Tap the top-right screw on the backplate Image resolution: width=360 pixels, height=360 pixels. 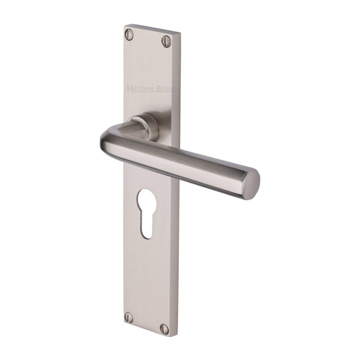coord(166,41)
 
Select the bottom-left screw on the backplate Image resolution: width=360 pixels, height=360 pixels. coord(128,317)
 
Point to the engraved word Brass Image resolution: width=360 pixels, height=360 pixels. coord(164,89)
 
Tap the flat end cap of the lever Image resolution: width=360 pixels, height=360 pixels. coord(251,183)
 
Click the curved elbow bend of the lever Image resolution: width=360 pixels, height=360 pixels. coord(111,141)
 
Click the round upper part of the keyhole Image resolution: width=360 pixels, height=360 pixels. coord(146,201)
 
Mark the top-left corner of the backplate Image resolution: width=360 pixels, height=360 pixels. coord(125,26)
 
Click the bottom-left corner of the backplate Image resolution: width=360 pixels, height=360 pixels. coord(124,324)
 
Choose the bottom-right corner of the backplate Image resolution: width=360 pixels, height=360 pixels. coord(178,336)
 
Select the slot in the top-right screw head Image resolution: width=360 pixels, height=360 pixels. coord(166,41)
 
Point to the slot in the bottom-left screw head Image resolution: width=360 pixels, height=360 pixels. coord(128,317)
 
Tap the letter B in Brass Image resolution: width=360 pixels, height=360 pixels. coord(158,89)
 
